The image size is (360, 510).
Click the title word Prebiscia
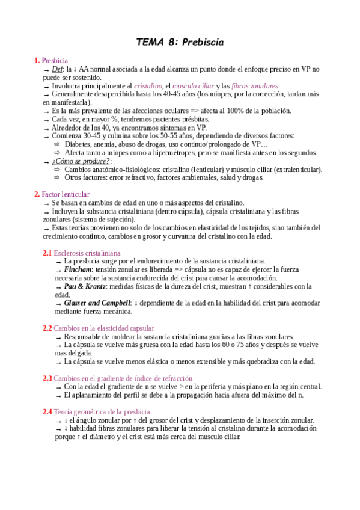click(201, 43)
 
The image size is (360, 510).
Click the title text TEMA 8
click(156, 43)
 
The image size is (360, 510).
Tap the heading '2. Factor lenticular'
click(62, 194)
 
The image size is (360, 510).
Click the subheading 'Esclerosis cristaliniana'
click(87, 253)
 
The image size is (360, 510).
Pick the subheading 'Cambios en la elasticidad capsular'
click(104, 328)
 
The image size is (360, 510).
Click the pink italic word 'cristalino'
click(148, 86)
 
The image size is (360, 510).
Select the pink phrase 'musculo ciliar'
click(193, 86)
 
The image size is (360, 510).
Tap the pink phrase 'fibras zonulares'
click(255, 86)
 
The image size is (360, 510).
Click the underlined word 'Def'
click(58, 69)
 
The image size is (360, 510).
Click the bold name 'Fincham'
click(78, 270)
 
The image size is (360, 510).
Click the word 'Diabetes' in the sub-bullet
click(79, 144)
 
